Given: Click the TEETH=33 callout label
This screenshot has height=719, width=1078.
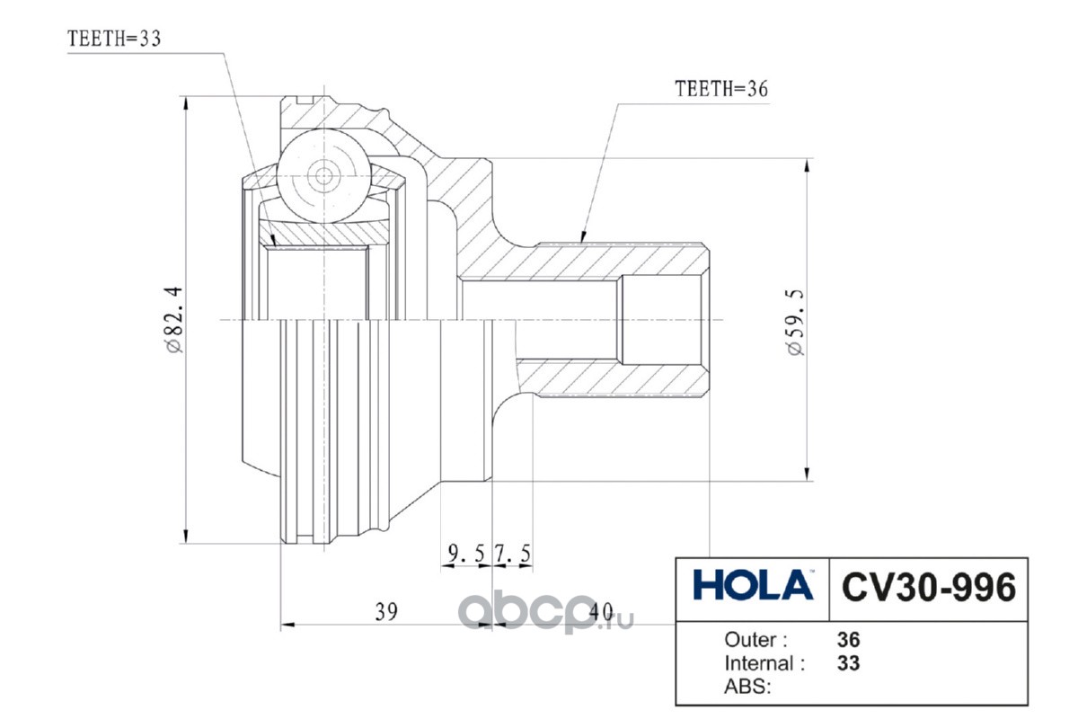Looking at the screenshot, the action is click(x=113, y=39).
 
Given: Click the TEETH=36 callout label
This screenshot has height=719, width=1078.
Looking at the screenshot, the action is click(x=721, y=89).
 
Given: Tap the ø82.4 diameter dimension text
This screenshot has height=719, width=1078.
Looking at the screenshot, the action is click(x=173, y=320).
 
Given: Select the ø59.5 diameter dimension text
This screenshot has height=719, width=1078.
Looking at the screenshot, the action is click(x=797, y=322).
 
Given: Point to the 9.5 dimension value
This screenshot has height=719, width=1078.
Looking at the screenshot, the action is click(x=466, y=554).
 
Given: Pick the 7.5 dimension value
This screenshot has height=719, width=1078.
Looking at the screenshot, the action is click(x=513, y=554).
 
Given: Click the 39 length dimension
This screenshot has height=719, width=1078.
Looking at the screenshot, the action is click(x=386, y=612).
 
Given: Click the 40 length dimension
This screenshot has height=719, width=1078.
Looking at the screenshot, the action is click(x=602, y=612).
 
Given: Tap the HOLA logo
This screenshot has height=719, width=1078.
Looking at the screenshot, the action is click(x=753, y=585).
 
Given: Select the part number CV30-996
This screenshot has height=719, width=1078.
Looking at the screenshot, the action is click(x=929, y=587).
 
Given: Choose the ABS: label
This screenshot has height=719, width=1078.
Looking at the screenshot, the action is click(x=747, y=687).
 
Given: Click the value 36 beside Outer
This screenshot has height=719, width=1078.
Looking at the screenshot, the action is click(x=848, y=640).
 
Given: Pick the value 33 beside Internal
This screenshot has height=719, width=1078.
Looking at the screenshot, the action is click(x=848, y=663).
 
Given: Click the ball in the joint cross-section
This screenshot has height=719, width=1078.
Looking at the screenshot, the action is click(x=324, y=176).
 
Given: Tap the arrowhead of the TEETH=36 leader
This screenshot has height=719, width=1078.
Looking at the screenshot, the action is click(x=582, y=237).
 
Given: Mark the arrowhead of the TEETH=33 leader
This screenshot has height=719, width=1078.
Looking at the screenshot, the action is click(x=273, y=240).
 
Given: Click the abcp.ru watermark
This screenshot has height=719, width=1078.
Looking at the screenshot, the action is click(x=545, y=612).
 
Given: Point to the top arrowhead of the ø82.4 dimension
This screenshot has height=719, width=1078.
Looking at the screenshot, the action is click(x=186, y=104).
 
